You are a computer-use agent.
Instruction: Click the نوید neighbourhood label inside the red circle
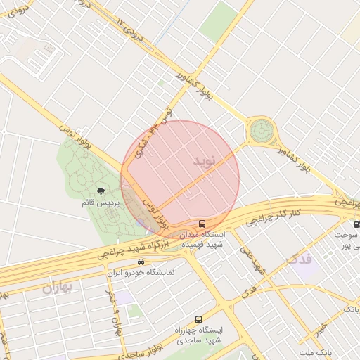(212, 158)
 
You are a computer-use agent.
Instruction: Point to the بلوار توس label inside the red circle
(155, 211)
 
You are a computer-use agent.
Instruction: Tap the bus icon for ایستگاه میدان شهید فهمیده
(202, 224)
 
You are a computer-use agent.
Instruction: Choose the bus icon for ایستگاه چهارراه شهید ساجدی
(198, 319)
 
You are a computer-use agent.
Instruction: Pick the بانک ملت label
(314, 352)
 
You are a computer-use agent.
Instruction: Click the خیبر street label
(321, 328)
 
